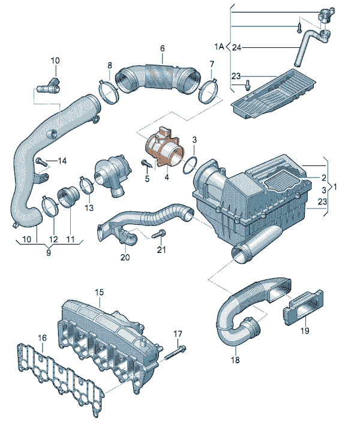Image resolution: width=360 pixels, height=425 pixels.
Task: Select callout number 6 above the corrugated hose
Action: [162, 49]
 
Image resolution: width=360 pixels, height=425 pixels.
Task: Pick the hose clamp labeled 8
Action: [107, 91]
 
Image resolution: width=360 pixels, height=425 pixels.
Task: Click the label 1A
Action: [218, 46]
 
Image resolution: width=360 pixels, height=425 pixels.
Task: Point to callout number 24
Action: [237, 47]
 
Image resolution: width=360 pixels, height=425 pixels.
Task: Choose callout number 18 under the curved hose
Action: [235, 360]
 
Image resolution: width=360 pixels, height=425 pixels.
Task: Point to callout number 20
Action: [125, 258]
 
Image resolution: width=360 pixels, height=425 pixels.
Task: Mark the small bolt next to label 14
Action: [40, 161]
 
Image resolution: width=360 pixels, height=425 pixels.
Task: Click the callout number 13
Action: [89, 208]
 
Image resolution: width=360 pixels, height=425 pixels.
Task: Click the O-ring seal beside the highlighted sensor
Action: [191, 162]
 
